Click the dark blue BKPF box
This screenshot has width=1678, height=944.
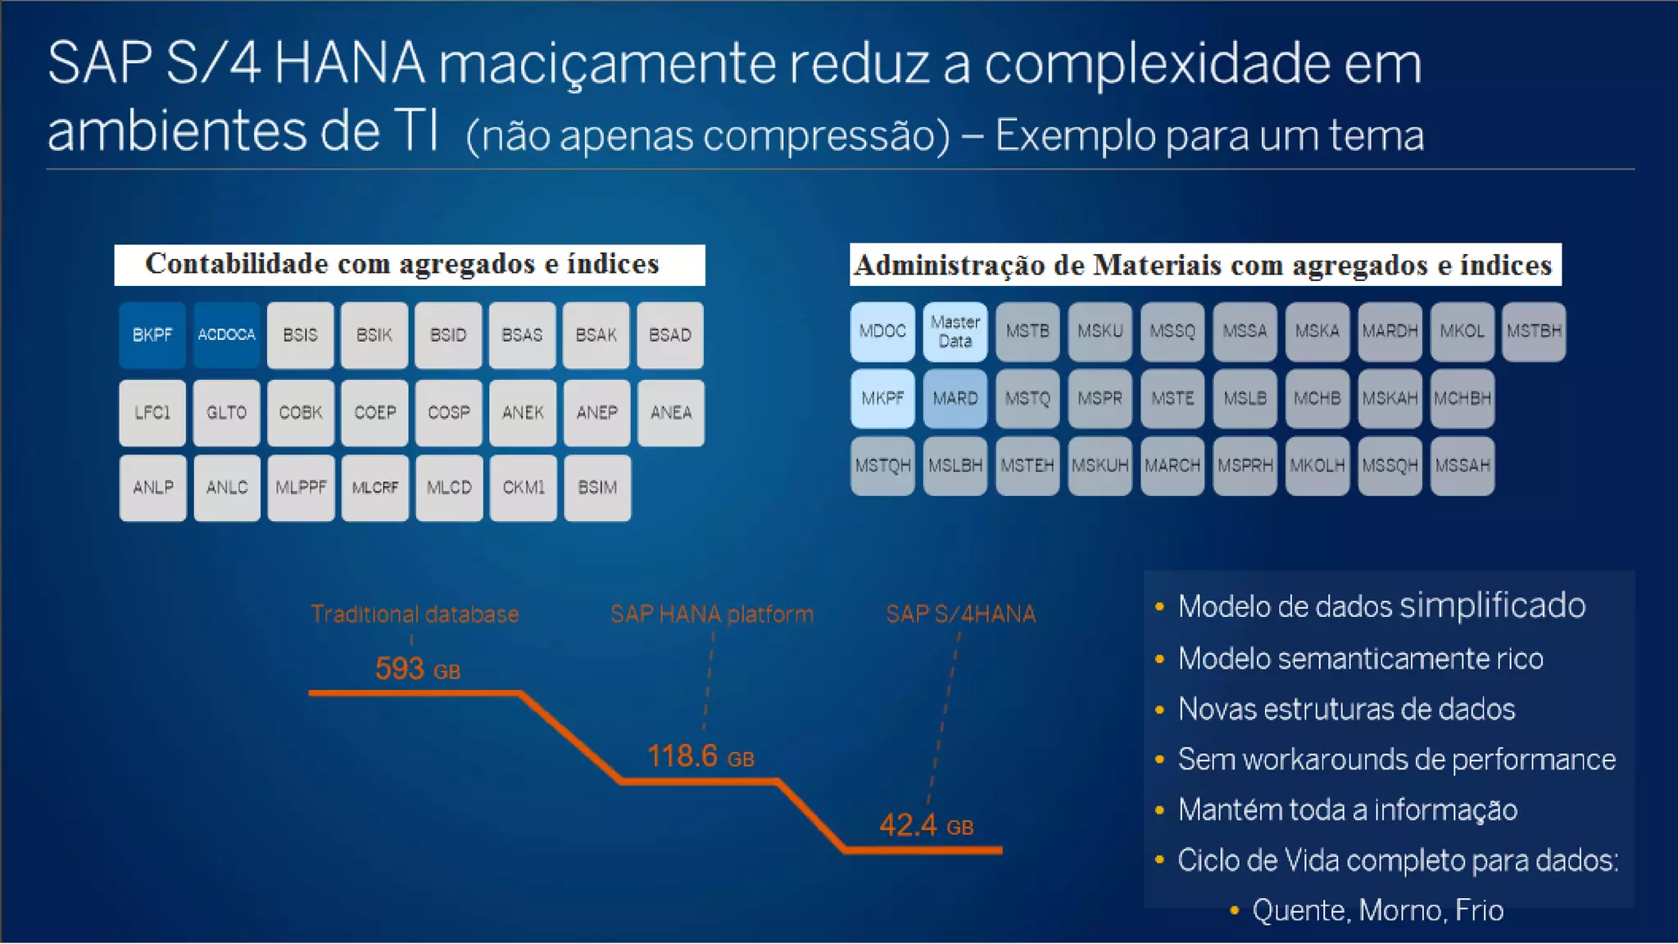(x=152, y=335)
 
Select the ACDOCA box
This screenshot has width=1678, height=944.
(x=226, y=335)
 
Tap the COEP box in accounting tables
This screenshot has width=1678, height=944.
(x=374, y=412)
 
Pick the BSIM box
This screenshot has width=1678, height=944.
(x=597, y=488)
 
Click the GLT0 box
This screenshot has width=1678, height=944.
(x=226, y=412)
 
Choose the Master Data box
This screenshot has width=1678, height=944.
(x=955, y=332)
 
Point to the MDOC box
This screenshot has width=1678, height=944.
(x=882, y=332)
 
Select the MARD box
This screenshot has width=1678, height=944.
(x=955, y=399)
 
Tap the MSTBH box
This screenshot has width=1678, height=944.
(x=1534, y=332)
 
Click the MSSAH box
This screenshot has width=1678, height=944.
(x=1463, y=466)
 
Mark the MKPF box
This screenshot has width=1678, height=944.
(x=882, y=399)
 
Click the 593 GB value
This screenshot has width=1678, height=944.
(x=417, y=669)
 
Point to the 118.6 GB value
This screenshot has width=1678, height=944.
(x=700, y=756)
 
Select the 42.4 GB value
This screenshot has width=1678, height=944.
(x=926, y=825)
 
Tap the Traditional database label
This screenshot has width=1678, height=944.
(x=415, y=615)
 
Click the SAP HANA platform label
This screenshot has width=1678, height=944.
(x=712, y=615)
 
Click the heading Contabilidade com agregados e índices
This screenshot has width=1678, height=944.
(x=402, y=264)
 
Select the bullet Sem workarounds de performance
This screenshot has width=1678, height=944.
(x=1396, y=760)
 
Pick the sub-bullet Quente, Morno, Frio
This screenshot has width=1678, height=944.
(x=1377, y=910)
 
